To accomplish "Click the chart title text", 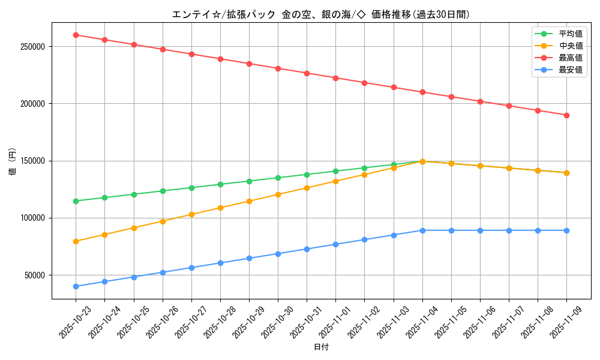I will [320, 14].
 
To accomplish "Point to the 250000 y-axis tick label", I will [31, 47].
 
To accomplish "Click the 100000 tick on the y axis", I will [31, 218].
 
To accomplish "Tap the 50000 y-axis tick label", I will [34, 275].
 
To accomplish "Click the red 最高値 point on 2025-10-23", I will [76, 35].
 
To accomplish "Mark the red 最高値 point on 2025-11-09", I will [566, 115].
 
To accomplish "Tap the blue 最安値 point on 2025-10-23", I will [76, 286].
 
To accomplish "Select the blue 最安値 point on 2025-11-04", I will [422, 230].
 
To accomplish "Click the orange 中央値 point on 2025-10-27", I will [191, 214].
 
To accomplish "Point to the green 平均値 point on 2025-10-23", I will [76, 201].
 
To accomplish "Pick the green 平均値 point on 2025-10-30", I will [278, 178].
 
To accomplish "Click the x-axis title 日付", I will [321, 347].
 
